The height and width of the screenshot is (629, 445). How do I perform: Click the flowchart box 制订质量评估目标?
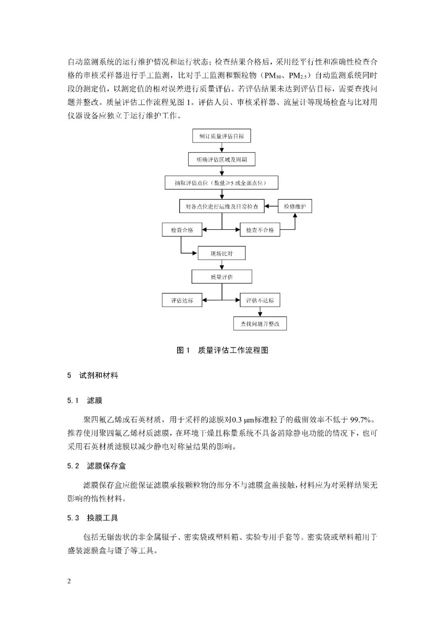coord(221,136)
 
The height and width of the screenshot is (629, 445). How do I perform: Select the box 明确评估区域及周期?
coord(222,159)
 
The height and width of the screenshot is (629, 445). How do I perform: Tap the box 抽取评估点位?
coord(221,183)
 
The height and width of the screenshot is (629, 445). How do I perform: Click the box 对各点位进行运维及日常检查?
coord(222,206)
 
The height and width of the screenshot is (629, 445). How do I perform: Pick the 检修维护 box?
coord(295,206)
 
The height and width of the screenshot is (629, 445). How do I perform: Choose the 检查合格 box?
coord(182,230)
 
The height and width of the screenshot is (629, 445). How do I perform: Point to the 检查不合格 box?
coord(260,230)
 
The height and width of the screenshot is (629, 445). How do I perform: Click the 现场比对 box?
coord(222,253)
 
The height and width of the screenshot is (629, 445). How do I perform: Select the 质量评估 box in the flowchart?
coord(222,277)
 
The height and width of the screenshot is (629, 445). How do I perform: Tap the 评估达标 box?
coord(182,300)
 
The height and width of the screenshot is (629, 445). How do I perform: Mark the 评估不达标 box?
coord(260,300)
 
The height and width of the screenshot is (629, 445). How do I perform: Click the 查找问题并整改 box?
coord(260,324)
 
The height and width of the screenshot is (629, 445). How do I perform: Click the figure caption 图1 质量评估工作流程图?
coord(222,351)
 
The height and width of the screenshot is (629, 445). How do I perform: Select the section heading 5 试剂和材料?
coord(93,376)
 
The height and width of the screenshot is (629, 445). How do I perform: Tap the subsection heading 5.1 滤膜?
coord(85,400)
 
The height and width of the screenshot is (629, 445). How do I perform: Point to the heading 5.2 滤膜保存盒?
coord(97,466)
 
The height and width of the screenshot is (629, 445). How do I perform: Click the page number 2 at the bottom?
coord(69,581)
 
